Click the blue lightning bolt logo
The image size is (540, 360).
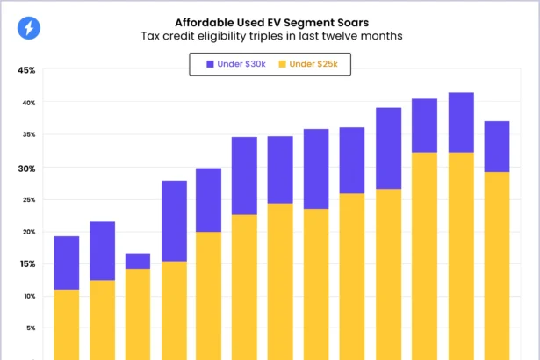(x=29, y=28)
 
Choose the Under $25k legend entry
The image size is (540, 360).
(x=308, y=64)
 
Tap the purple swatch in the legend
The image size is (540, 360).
(x=210, y=64)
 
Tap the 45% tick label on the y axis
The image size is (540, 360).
(x=25, y=71)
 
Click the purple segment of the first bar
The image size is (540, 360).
(x=67, y=263)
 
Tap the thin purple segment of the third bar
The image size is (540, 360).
(x=138, y=261)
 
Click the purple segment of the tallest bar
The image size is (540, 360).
(x=461, y=122)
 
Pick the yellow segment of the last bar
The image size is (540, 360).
(x=497, y=263)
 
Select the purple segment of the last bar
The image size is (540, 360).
(x=497, y=146)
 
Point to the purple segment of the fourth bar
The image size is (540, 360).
(x=174, y=220)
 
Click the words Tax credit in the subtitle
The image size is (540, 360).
(x=167, y=37)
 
